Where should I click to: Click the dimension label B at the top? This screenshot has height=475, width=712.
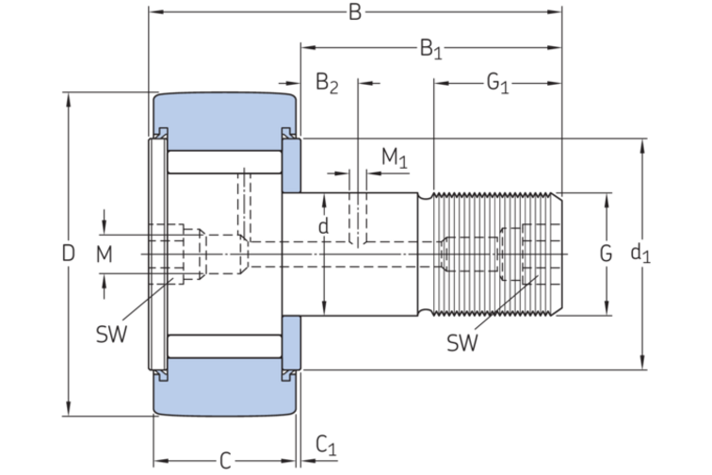[x=355, y=12]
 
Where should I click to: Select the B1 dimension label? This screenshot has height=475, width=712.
[x=430, y=49]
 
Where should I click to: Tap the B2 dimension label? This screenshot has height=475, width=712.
[x=327, y=83]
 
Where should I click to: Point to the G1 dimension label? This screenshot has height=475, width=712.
[x=497, y=84]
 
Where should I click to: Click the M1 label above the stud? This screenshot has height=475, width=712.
[x=394, y=157]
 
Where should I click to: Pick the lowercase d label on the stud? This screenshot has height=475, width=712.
[x=323, y=226]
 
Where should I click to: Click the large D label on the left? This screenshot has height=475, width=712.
[x=68, y=254]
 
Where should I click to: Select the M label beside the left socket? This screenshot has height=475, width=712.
[x=104, y=254]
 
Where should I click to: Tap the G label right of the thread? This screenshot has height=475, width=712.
[x=606, y=254]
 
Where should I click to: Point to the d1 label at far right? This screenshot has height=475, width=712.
[x=640, y=254]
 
